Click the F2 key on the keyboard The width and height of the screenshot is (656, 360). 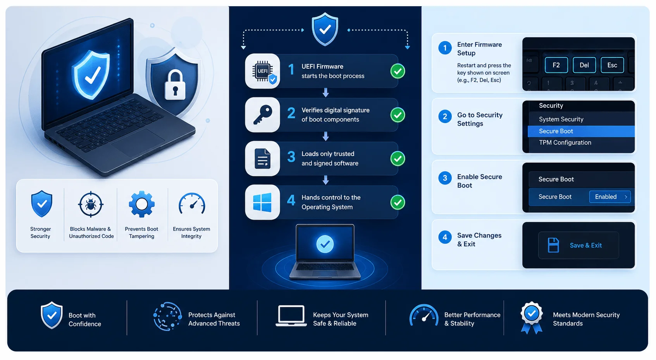click(x=556, y=65)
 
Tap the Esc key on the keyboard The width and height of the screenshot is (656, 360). click(x=612, y=65)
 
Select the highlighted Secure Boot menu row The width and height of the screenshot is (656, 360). click(x=581, y=131)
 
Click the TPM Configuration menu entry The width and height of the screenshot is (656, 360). click(x=565, y=143)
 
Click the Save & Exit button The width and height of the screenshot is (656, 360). click(x=579, y=245)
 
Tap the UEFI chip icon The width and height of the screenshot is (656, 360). click(x=263, y=71)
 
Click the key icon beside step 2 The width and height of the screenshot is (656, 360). click(x=262, y=115)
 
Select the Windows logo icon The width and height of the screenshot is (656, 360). click(x=262, y=202)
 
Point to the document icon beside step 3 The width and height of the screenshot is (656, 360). click(x=262, y=158)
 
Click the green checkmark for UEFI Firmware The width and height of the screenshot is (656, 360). click(x=398, y=71)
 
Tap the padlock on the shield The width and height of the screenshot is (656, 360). click(x=175, y=85)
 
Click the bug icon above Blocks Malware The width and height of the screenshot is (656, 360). click(x=91, y=205)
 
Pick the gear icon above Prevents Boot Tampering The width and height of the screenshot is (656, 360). click(x=142, y=204)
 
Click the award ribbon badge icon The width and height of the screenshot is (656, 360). click(x=532, y=317)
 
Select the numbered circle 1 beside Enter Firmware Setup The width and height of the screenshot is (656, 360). click(x=445, y=48)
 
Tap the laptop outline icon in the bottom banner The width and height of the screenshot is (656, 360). click(x=291, y=316)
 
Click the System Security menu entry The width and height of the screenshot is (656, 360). click(x=561, y=119)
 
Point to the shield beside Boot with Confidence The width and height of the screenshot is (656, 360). click(x=52, y=315)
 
